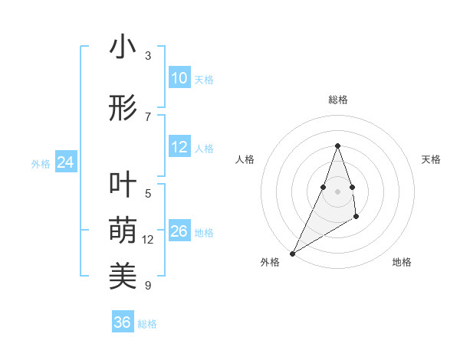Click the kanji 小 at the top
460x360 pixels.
(123, 48)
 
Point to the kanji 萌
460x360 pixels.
(123, 230)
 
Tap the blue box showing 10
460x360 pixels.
(179, 78)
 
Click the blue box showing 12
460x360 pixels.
(179, 148)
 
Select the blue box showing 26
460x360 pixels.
(179, 231)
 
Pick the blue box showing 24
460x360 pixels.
(66, 162)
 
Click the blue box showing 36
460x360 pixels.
(123, 322)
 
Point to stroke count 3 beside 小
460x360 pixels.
(148, 56)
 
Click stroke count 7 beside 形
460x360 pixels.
(148, 116)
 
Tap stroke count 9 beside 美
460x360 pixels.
(148, 286)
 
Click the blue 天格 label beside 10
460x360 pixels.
(204, 80)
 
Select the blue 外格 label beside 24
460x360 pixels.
(41, 164)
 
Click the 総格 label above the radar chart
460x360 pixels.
(337, 100)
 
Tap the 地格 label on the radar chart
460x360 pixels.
(402, 263)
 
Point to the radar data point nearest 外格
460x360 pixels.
(292, 253)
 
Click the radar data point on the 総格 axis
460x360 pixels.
(337, 146)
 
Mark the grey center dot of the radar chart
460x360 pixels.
(337, 180)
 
